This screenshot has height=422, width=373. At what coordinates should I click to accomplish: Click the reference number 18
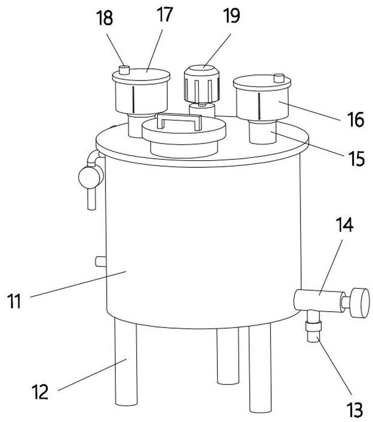[104, 19]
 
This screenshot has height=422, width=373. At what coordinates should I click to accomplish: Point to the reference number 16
[356, 119]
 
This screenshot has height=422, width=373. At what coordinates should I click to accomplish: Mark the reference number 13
[354, 410]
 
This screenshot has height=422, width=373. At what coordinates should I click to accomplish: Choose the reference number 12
[40, 392]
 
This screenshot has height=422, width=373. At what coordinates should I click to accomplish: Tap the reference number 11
[14, 301]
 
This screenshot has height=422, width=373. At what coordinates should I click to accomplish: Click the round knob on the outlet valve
[360, 303]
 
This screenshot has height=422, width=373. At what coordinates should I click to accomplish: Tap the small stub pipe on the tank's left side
[101, 261]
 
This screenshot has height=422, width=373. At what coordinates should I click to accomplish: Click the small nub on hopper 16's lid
[279, 78]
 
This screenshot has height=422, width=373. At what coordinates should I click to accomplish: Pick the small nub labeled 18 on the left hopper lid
[124, 70]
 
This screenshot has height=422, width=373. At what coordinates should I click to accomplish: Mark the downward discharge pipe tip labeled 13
[313, 337]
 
